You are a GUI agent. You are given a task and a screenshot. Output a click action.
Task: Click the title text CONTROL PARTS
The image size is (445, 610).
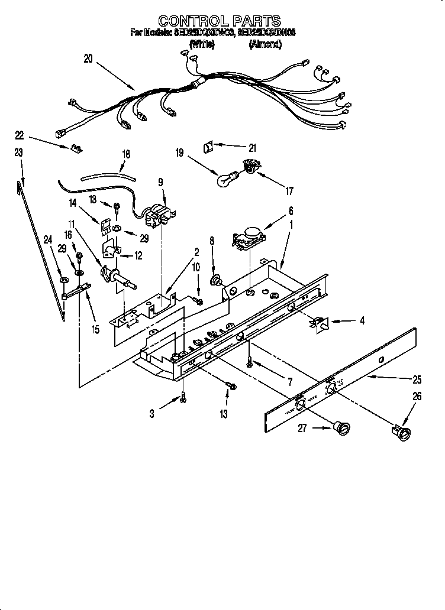pyautogui.click(x=220, y=22)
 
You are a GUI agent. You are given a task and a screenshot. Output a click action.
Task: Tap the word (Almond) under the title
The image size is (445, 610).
pyautogui.click(x=265, y=44)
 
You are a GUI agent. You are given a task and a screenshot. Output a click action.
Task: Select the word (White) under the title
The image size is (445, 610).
pyautogui.click(x=202, y=44)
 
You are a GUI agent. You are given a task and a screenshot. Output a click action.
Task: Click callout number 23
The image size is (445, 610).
pyautogui.click(x=18, y=152)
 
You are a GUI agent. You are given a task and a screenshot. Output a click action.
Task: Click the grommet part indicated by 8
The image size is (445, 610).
pyautogui.click(x=216, y=280)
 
